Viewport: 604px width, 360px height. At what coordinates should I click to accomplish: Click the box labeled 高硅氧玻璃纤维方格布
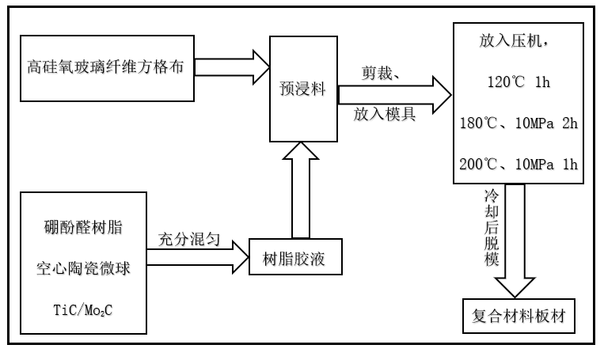coord(107,67)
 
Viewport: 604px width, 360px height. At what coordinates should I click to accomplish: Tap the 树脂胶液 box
coord(298,256)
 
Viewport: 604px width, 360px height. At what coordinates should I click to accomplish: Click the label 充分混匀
coord(193,237)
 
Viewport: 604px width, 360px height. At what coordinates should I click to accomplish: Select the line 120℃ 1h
coord(519,81)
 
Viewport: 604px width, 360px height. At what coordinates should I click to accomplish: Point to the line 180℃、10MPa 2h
coord(519,123)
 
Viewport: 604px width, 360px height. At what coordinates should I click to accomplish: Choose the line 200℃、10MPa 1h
coord(519,165)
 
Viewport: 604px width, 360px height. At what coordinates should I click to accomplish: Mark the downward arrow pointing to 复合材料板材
coord(515,237)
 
